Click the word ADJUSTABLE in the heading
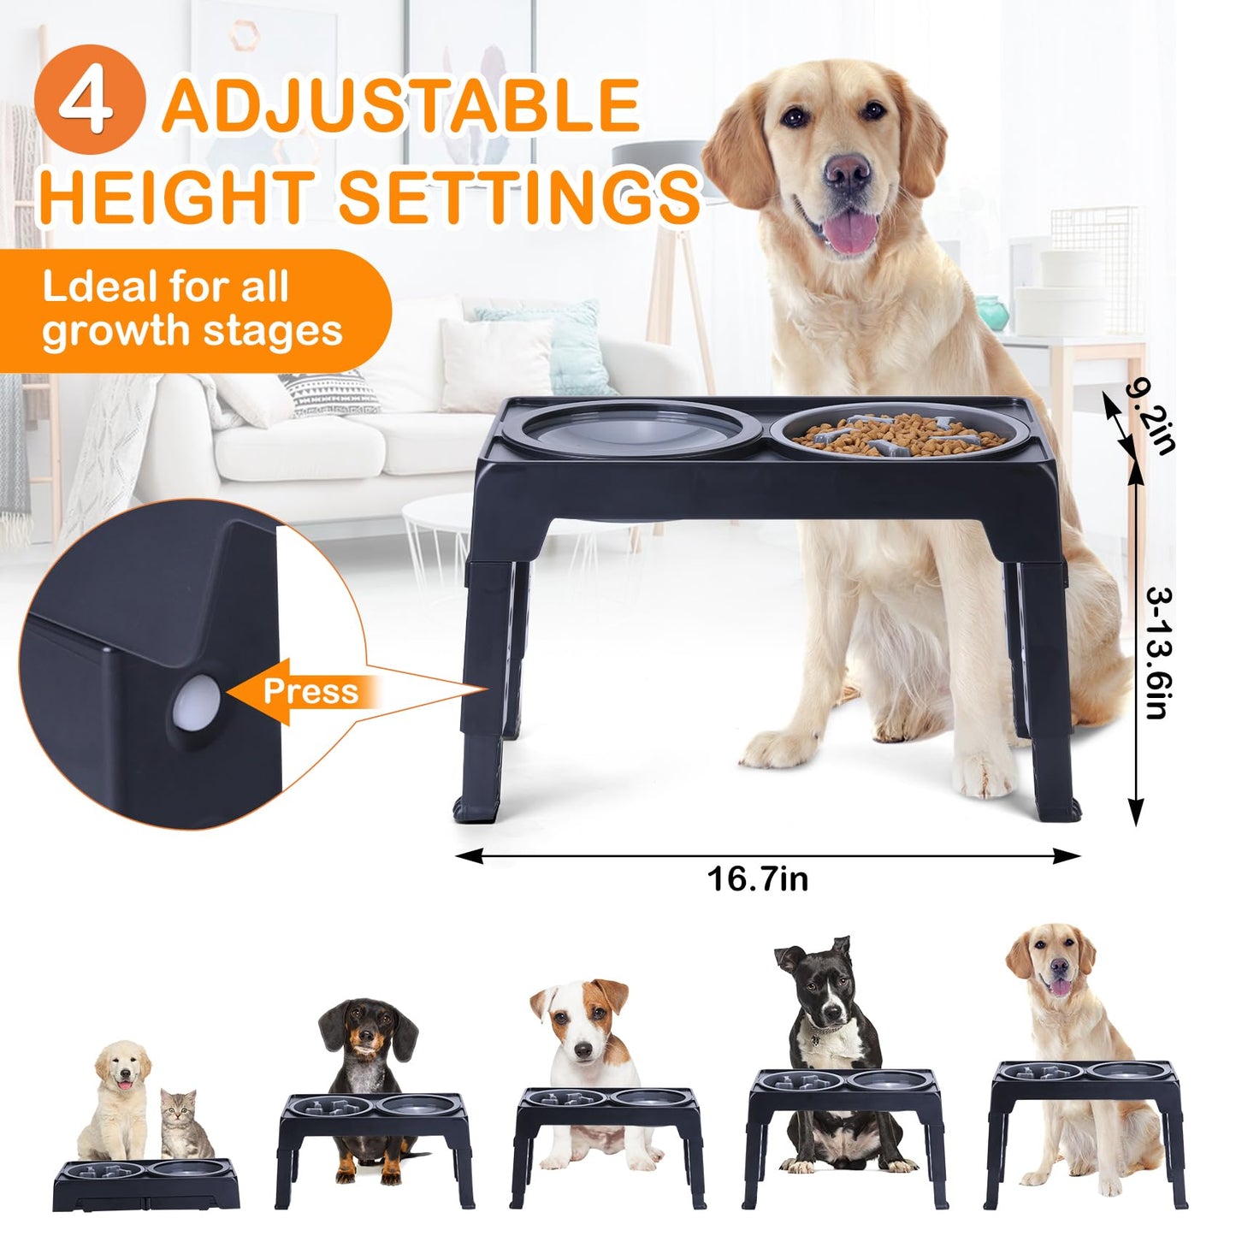401,105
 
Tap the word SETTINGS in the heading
520,198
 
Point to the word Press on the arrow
310,691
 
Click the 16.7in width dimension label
758,878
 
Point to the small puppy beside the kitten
118,1095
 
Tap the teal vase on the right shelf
992,312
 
